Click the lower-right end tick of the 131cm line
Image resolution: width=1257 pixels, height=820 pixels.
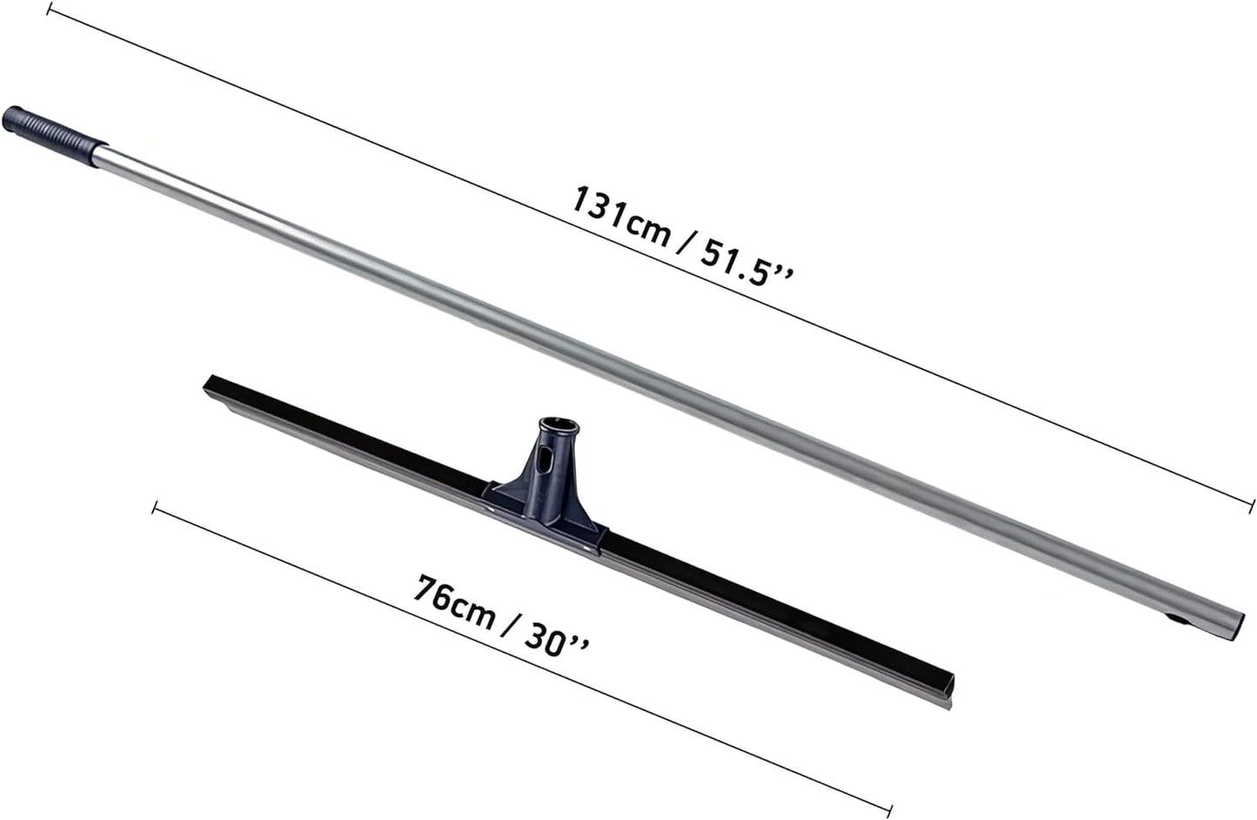pos(1251,506)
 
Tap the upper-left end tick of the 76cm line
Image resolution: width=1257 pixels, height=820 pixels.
pos(155,507)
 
